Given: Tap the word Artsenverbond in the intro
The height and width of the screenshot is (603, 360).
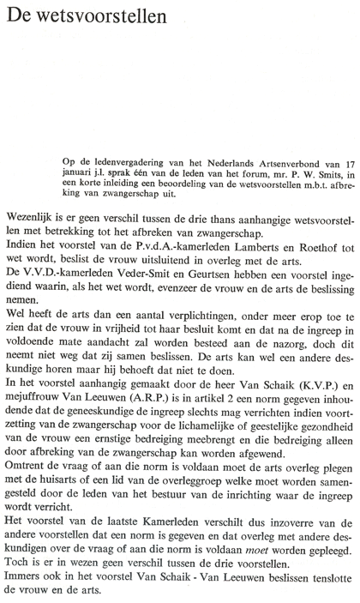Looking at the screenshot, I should tap(262, 160).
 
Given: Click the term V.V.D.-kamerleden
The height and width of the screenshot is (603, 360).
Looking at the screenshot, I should tap(70, 294).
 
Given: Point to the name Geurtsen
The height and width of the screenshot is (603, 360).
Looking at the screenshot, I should tap(224, 294).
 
